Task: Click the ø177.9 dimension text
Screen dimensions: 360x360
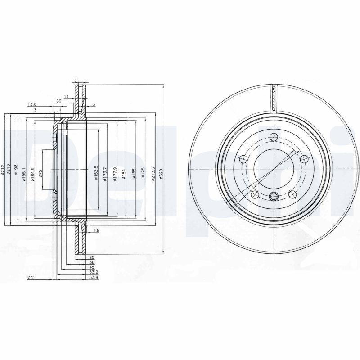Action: coord(115,173)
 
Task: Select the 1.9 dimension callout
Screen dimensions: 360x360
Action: coord(95,231)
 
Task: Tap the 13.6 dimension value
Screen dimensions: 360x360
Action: coord(32,104)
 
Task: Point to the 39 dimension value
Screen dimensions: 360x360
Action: coord(58,101)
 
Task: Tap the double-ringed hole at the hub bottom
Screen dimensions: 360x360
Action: coord(274,196)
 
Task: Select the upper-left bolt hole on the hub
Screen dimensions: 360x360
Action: coord(243,158)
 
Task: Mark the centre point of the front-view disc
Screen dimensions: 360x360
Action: coord(274,169)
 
